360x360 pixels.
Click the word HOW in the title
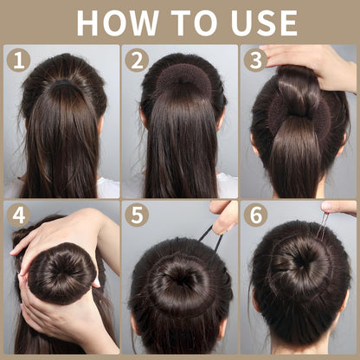(117, 23)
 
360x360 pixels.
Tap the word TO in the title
(196, 23)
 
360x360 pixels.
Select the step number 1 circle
(18, 60)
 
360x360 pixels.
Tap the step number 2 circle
(137, 60)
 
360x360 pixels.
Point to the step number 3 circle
(255, 60)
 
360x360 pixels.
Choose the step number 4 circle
(18, 215)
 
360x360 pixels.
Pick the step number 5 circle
(137, 215)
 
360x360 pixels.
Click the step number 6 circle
(255, 215)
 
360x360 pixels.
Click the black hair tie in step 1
(64, 84)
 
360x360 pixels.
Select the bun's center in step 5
(179, 278)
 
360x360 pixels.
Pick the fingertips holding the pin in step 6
(339, 207)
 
